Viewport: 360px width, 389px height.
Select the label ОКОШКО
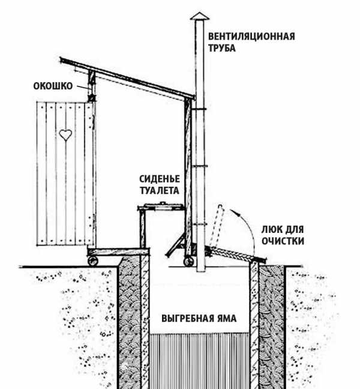(x=53, y=86)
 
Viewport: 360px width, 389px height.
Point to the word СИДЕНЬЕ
(x=160, y=179)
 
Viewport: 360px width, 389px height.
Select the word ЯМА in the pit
(x=221, y=317)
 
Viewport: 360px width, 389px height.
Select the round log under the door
(x=94, y=260)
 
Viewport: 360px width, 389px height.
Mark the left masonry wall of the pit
(x=133, y=318)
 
